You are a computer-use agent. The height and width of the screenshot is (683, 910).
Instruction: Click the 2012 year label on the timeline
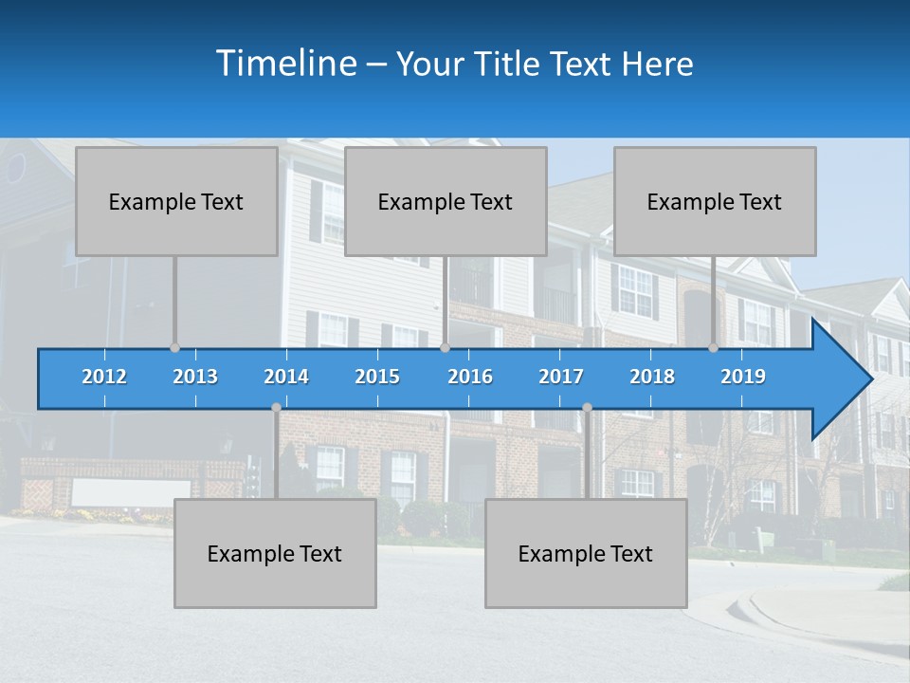click(x=104, y=377)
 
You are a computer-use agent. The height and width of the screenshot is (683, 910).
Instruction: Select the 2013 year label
click(x=195, y=377)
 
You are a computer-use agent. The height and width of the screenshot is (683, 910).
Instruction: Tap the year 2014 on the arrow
click(x=286, y=377)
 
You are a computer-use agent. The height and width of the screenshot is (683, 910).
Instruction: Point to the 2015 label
click(x=377, y=377)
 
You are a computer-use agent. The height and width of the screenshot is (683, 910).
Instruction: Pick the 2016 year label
click(x=470, y=377)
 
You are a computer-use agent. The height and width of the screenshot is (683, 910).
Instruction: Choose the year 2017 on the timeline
click(x=561, y=377)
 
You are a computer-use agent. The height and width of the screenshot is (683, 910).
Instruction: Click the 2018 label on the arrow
click(x=652, y=377)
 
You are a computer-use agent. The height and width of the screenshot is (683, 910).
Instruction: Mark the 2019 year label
click(x=743, y=377)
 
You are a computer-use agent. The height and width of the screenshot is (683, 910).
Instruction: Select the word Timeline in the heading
click(x=285, y=64)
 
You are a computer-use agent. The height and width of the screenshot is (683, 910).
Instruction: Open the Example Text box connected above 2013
click(x=176, y=201)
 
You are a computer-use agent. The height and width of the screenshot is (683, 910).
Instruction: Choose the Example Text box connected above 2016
click(x=446, y=201)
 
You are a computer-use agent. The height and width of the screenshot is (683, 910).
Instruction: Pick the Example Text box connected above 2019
click(x=715, y=201)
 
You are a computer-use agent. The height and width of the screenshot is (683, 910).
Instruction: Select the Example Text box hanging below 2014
click(x=275, y=553)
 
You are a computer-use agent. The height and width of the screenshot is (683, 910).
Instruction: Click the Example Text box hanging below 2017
click(x=586, y=553)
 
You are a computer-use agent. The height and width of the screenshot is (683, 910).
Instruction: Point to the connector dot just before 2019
click(x=714, y=348)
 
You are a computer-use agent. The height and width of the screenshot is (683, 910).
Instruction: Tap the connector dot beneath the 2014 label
click(x=276, y=408)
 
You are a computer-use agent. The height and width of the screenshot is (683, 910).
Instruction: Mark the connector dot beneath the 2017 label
click(x=587, y=408)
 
